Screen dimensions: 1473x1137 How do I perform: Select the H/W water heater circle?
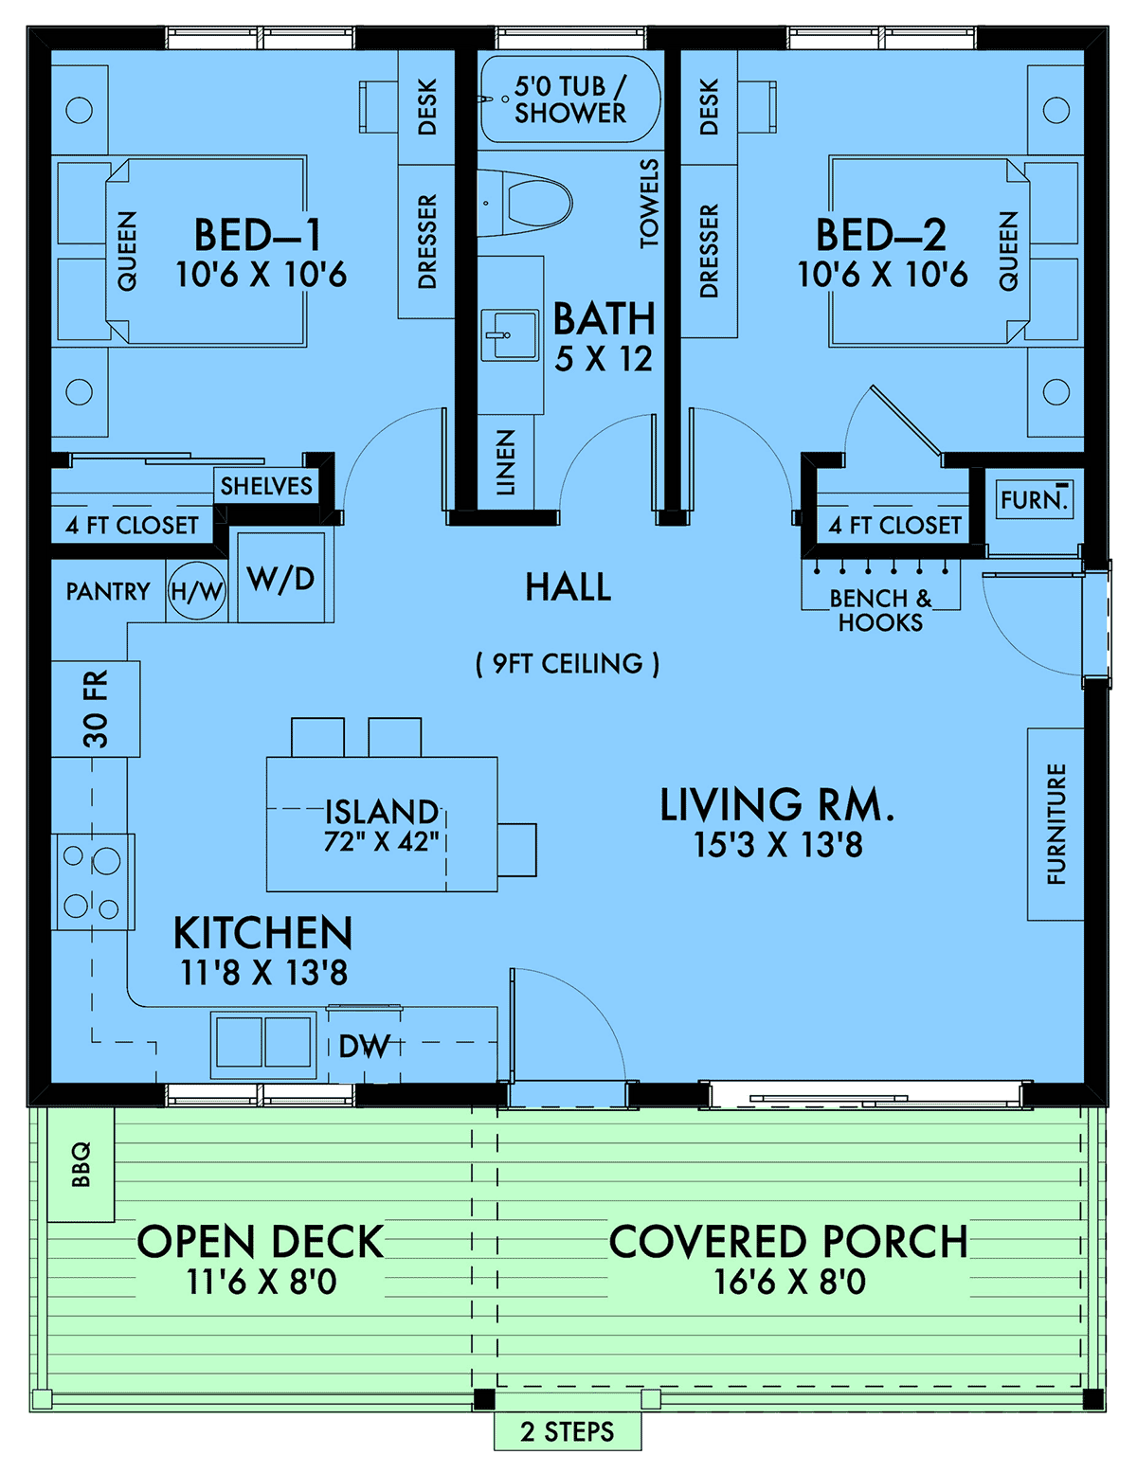point(197,592)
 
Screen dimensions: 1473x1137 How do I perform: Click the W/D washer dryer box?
point(280,578)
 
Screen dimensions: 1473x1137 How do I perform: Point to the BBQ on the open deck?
point(81,1163)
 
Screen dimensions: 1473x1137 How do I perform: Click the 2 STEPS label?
point(567,1431)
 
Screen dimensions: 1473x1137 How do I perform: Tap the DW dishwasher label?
point(364,1046)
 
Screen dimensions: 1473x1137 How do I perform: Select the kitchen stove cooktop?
point(92,882)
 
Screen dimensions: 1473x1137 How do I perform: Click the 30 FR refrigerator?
point(96,709)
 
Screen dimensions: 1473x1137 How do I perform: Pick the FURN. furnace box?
point(1034,499)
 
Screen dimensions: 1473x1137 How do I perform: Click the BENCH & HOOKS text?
point(880,610)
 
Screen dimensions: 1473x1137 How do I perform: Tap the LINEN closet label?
point(506,462)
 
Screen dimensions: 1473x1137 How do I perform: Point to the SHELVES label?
point(266,486)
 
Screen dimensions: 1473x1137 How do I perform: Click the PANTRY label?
point(108,592)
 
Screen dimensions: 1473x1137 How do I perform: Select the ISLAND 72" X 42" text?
point(381,825)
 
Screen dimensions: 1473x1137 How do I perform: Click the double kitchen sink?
point(264,1042)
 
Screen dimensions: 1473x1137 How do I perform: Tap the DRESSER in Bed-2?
point(709,251)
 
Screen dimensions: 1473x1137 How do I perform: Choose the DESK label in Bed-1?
point(427,107)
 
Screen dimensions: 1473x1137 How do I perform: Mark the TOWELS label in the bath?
point(648,203)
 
